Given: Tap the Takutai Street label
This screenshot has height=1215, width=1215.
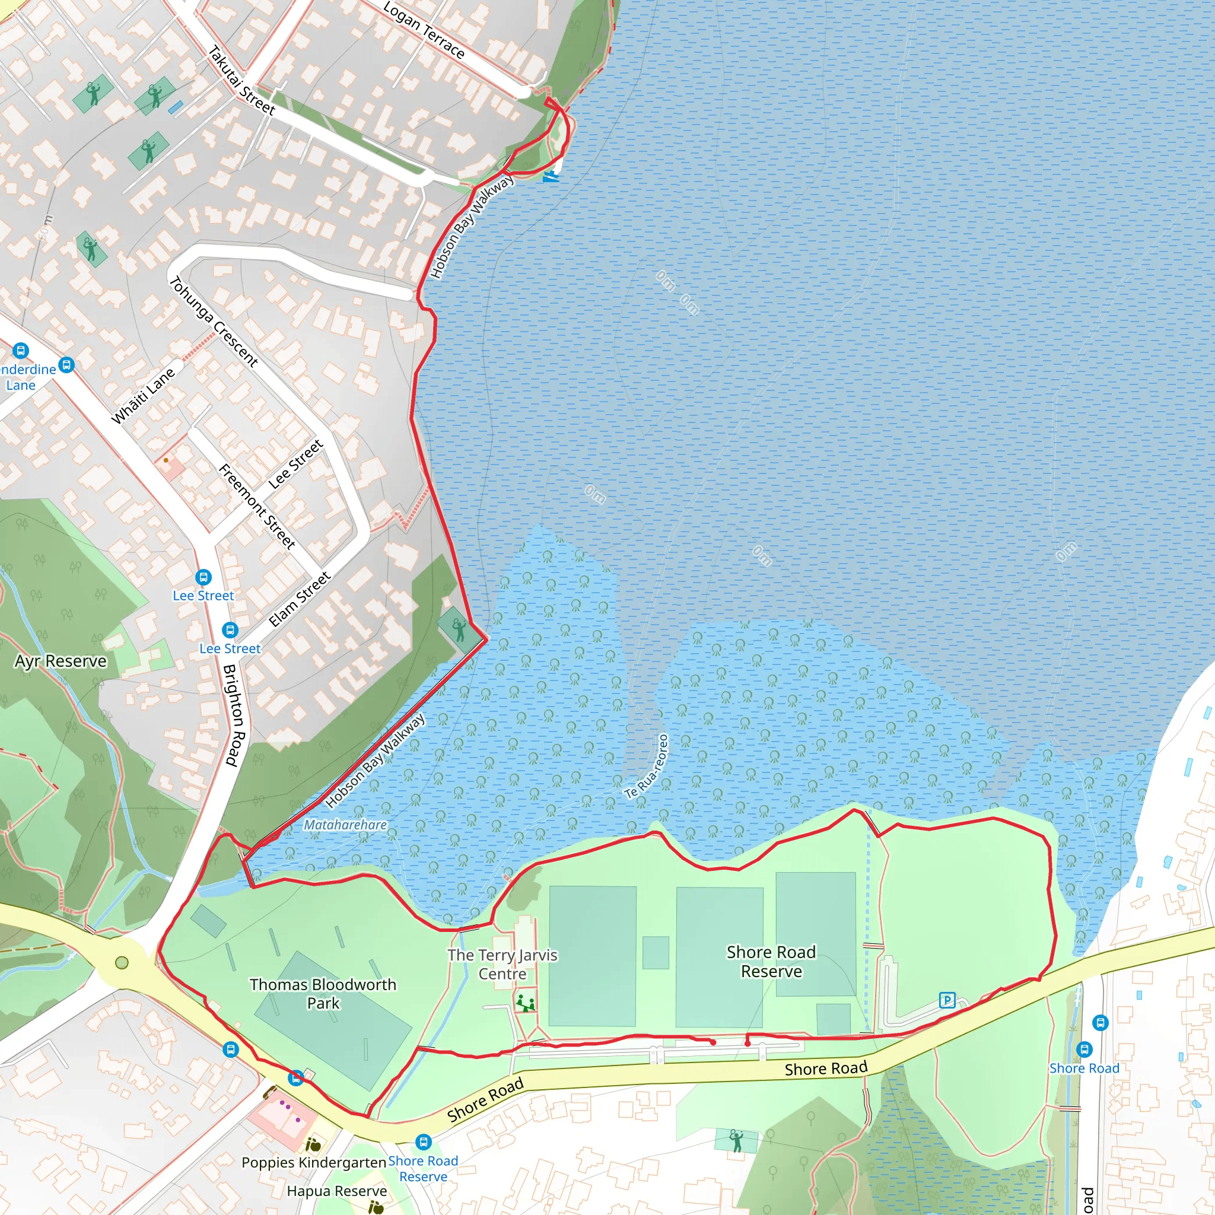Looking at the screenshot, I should pos(241,81).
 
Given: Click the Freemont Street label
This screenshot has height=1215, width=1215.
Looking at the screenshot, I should pos(256,506).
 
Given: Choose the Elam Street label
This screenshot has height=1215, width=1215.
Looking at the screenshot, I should pos(300,599).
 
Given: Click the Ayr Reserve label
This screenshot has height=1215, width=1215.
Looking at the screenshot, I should pos(61,661).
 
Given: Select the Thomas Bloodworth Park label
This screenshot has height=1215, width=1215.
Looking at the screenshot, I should pos(323,994).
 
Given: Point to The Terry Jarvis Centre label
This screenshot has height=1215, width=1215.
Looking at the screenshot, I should pos(502,964).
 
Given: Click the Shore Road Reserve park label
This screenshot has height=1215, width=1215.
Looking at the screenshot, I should pos(771,962).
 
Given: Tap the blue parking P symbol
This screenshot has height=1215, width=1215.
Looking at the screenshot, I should pos(947,1000).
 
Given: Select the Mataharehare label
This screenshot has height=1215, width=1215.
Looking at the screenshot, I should pos(345,825).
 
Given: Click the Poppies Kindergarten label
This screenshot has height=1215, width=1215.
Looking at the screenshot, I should pos(314,1162).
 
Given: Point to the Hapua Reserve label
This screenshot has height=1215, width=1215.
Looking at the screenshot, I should pos(337,1191).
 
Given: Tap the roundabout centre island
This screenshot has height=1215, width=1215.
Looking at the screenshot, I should pos(122,963).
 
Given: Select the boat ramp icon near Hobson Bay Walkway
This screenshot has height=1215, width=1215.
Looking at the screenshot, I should pos(551,177).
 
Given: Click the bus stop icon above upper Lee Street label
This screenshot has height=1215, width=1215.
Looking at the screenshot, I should pos(203,577).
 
